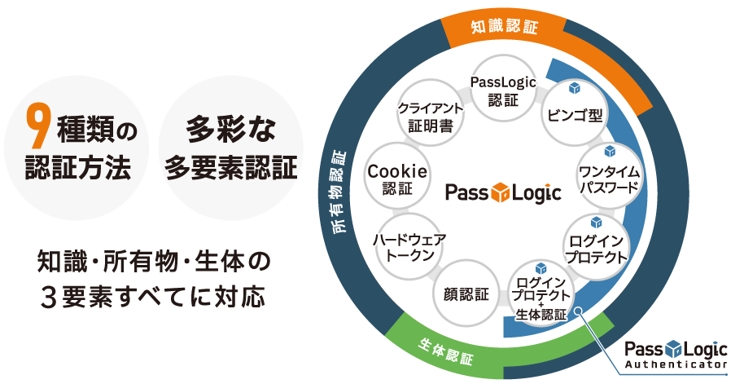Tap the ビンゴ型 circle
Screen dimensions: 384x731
point(574,113)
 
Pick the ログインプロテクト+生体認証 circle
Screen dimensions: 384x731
point(540,294)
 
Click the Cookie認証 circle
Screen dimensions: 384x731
point(397,178)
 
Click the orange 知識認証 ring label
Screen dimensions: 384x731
point(505,27)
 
